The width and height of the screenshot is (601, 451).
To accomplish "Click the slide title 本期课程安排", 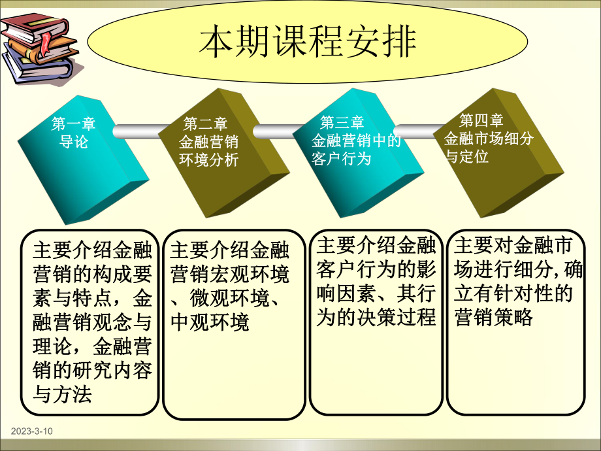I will pos(308,41).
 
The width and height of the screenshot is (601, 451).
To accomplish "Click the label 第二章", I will pos(205,124).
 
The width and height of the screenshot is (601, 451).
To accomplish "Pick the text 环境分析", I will pos(208,159).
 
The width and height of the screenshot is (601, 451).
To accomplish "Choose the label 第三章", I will pos(342,122).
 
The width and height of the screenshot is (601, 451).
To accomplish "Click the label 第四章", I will pos(481,120).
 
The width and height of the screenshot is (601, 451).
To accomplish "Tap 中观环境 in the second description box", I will pos(210,322).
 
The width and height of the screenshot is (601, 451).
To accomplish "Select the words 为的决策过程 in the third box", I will pos(376,318).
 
